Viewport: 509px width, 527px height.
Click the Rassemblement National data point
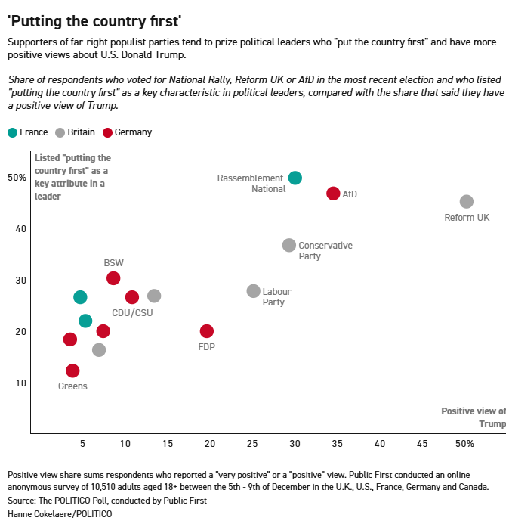295,178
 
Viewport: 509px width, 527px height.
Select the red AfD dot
333,194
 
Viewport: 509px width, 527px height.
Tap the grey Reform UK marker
467,201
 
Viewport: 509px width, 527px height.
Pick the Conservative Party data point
289,245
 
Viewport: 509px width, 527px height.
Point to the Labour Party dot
254,291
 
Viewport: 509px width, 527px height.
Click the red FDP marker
207,331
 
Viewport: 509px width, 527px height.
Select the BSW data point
113,278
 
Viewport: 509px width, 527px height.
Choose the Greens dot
72,370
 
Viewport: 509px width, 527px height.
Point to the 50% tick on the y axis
17,178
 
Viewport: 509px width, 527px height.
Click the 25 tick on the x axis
253,443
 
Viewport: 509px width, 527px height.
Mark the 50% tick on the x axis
464,443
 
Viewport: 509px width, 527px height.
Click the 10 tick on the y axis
20,383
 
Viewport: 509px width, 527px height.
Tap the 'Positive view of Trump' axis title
474,417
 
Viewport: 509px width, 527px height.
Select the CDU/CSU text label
131,312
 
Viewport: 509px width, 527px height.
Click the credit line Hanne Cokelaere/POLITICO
60,514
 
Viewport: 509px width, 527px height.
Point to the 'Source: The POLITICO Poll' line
107,501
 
